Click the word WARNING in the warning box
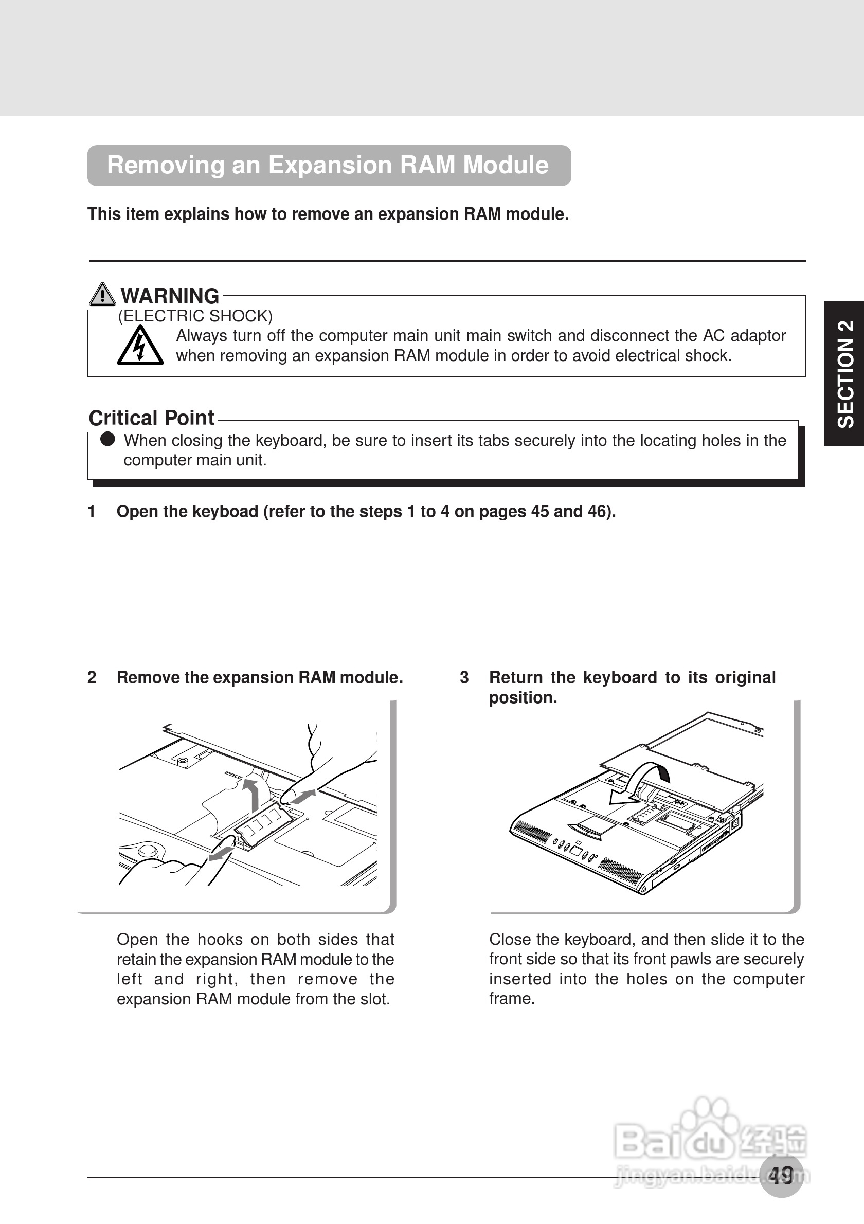click(x=170, y=296)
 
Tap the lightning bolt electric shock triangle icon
click(x=140, y=346)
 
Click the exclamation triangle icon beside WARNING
click(x=102, y=294)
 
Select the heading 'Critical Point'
click(x=151, y=418)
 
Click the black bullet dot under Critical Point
click(x=107, y=439)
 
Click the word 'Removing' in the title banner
click(x=165, y=165)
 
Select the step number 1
click(x=92, y=511)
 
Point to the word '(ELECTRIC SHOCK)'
click(x=195, y=316)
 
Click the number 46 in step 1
click(x=599, y=511)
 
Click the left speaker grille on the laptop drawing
click(x=531, y=832)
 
